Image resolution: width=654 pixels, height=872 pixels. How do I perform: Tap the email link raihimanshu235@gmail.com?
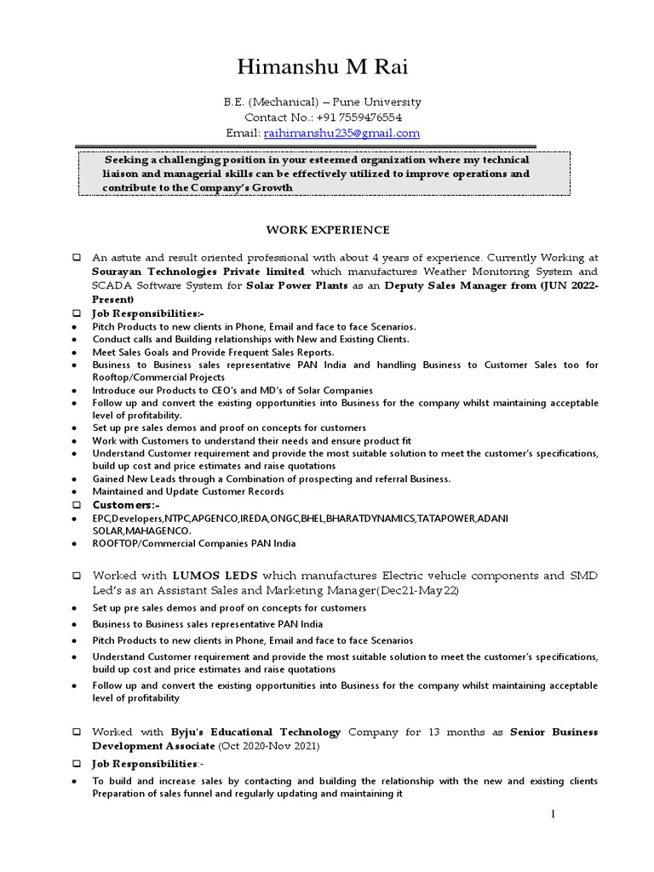click(x=342, y=133)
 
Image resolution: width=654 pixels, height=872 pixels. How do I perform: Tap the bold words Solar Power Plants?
click(x=296, y=286)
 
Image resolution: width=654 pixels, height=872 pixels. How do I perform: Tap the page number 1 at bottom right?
click(x=552, y=815)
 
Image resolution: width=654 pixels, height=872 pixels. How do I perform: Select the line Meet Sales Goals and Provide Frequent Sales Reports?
click(x=214, y=352)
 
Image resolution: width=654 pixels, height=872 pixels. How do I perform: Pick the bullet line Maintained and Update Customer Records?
click(x=188, y=491)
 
